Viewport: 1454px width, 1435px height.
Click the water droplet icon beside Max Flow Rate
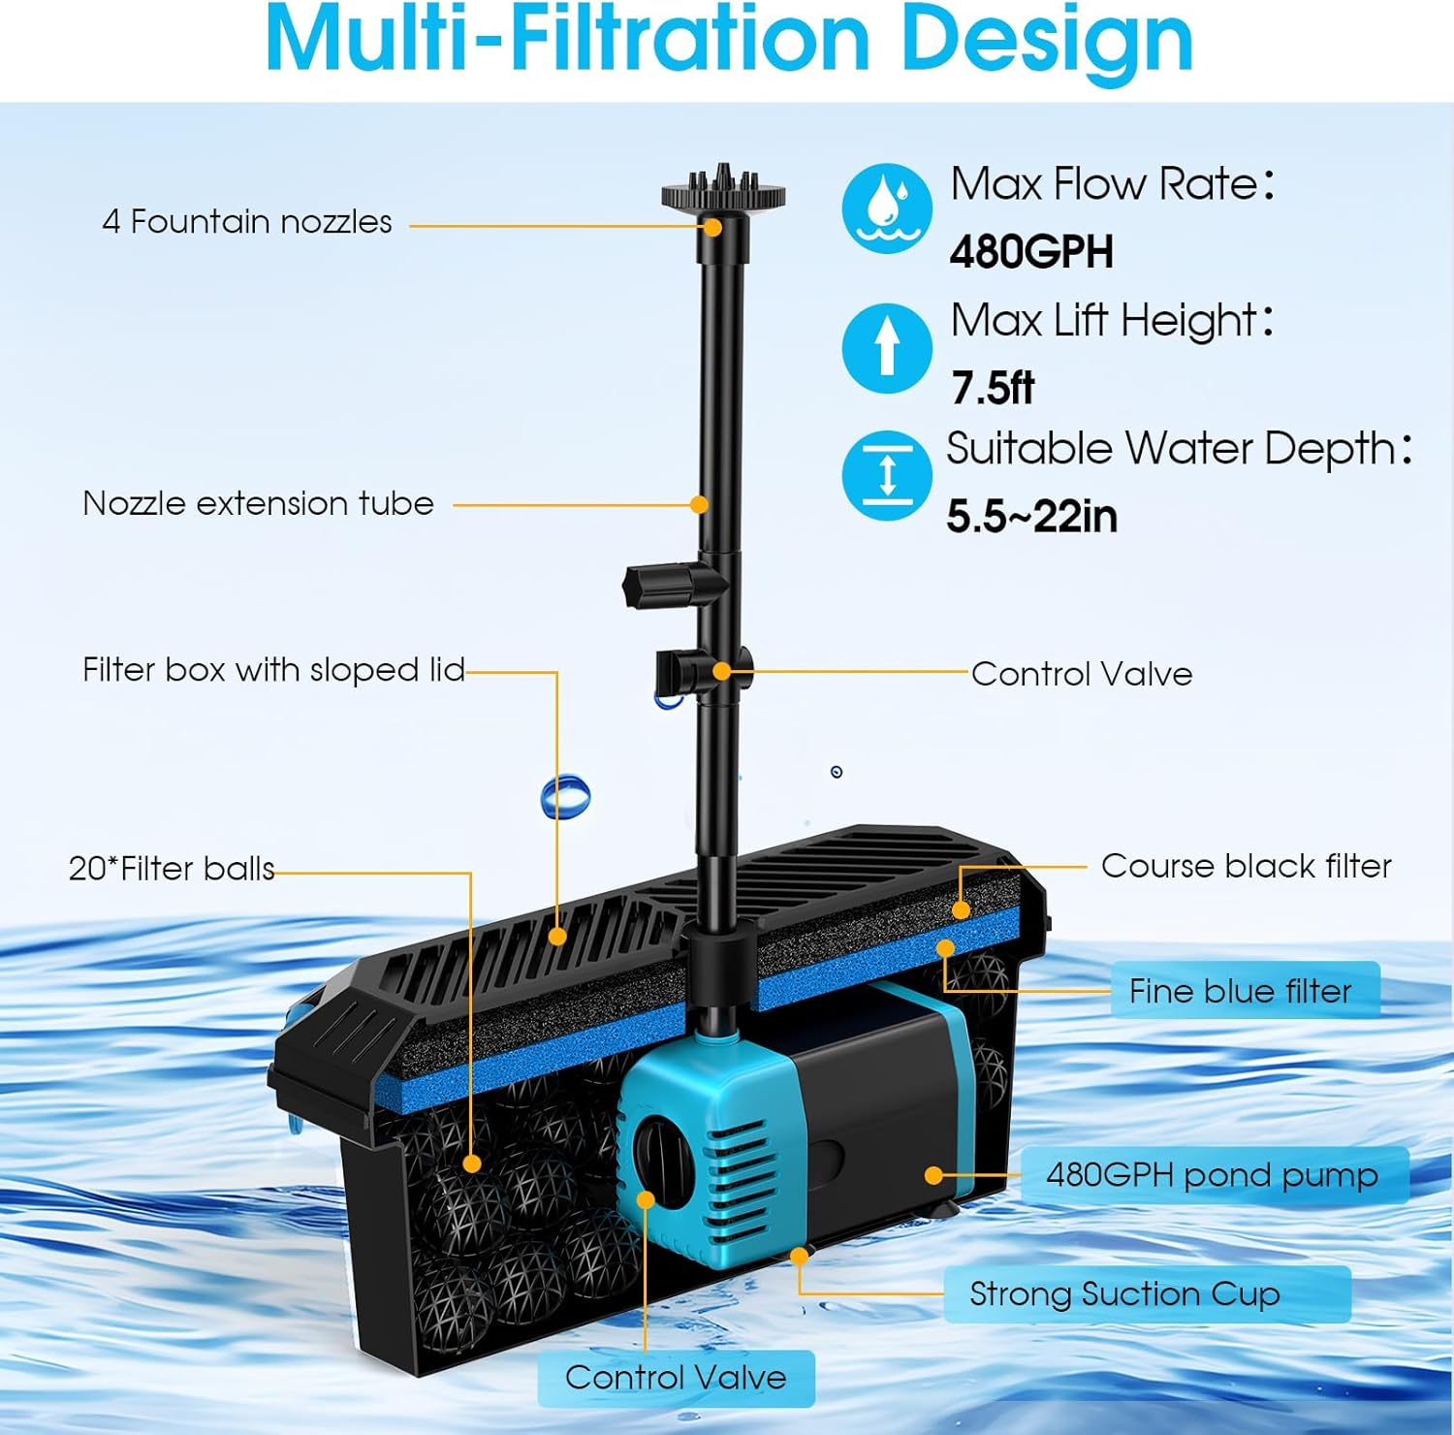click(x=886, y=208)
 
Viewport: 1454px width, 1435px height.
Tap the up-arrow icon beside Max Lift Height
click(x=886, y=347)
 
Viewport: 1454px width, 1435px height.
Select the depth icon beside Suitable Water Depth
click(x=886, y=475)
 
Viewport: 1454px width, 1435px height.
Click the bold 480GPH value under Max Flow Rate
click(x=1031, y=252)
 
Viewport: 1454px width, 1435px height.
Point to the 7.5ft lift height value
click(x=993, y=388)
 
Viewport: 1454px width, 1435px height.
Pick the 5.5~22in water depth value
click(x=1031, y=516)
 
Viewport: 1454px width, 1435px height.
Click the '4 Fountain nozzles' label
click(x=247, y=222)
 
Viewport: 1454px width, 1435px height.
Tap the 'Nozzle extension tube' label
click(x=258, y=504)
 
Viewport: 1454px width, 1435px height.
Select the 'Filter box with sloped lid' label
click(x=273, y=670)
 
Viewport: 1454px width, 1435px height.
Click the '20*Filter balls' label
click(x=172, y=869)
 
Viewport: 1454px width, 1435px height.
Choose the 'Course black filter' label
click(x=1246, y=866)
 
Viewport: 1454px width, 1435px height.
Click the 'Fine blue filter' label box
click(x=1244, y=990)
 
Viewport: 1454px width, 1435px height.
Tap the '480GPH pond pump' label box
click(x=1214, y=1175)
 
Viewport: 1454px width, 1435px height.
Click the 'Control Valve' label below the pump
click(x=676, y=1378)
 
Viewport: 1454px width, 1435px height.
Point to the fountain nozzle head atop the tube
click(x=723, y=191)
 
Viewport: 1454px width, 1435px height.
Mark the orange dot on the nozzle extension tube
click(x=699, y=504)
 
